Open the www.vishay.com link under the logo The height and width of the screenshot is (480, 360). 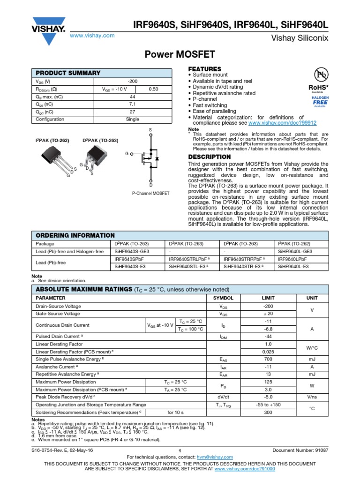pyautogui.click(x=92, y=36)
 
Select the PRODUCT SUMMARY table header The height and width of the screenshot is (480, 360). pyautogui.click(x=68, y=73)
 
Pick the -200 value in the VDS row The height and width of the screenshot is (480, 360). pyautogui.click(x=133, y=82)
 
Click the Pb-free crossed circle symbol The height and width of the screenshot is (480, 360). pyautogui.click(x=321, y=74)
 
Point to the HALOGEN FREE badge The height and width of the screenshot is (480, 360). pyautogui.click(x=321, y=100)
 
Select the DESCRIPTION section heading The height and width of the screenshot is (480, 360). pyautogui.click(x=209, y=157)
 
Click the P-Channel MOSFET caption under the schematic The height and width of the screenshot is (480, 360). pyautogui.click(x=151, y=193)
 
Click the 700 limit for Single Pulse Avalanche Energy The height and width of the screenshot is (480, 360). pyautogui.click(x=269, y=359)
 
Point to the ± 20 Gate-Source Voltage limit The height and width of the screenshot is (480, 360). pyautogui.click(x=269, y=314)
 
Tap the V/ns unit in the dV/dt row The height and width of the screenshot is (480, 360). pyautogui.click(x=312, y=397)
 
